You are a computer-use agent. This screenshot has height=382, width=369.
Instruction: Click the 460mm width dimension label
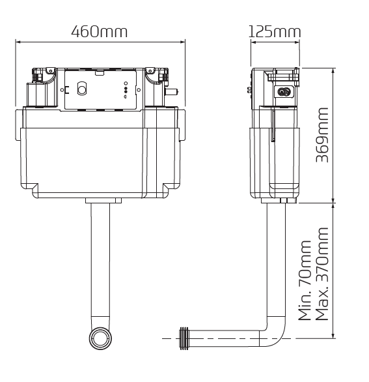pyautogui.click(x=99, y=31)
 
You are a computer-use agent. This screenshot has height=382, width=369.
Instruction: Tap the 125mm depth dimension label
pyautogui.click(x=275, y=31)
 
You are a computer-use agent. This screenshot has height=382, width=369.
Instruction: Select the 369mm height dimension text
pyautogui.click(x=322, y=135)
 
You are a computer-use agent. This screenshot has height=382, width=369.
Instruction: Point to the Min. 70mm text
pyautogui.click(x=305, y=280)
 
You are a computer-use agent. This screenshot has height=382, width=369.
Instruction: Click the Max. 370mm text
pyautogui.click(x=321, y=274)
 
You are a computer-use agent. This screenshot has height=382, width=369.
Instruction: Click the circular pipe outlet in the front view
pyautogui.click(x=100, y=338)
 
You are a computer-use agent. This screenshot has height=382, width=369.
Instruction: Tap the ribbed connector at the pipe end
pyautogui.click(x=184, y=338)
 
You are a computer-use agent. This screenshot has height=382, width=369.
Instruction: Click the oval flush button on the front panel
pyautogui.click(x=82, y=88)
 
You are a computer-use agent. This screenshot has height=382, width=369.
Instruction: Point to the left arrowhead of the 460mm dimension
pyautogui.click(x=18, y=42)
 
